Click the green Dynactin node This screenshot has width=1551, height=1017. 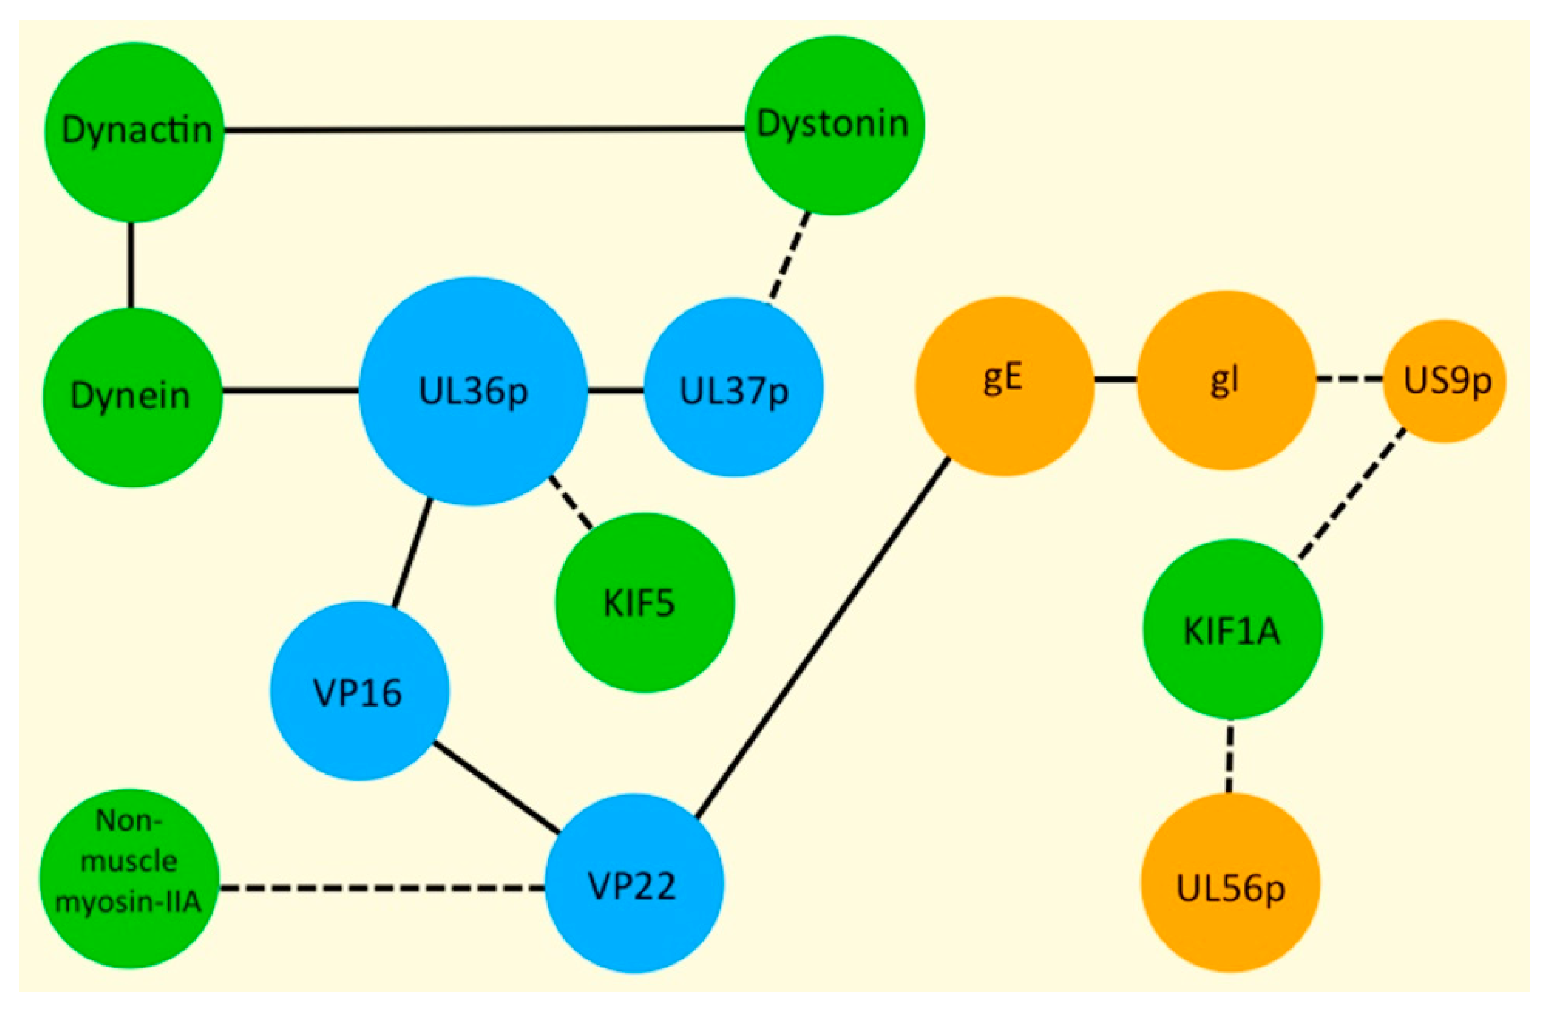click(134, 132)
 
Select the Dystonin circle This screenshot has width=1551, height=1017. click(834, 125)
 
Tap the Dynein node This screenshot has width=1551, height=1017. click(132, 397)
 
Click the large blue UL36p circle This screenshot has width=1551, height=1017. click(473, 392)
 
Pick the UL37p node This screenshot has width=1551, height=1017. click(734, 388)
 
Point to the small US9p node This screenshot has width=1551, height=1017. click(1446, 382)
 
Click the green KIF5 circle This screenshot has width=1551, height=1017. click(645, 603)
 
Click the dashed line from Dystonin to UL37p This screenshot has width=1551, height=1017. click(790, 257)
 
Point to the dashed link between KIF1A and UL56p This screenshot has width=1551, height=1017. click(1230, 756)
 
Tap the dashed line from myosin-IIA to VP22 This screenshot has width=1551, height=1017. click(382, 887)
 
